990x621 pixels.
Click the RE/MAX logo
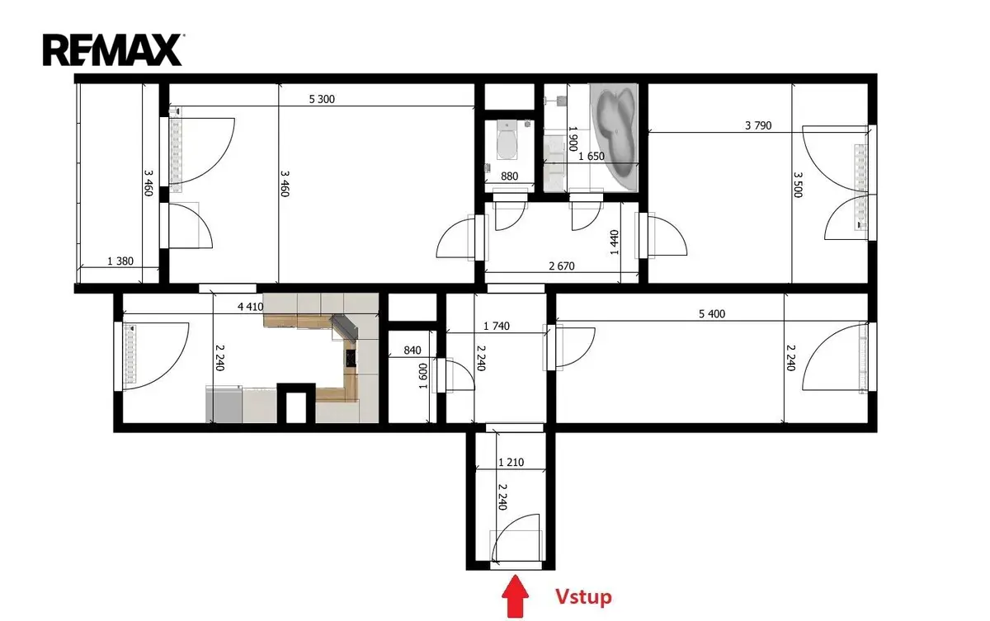[x=113, y=50]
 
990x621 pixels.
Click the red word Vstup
[x=583, y=597]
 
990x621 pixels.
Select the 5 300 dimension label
[x=322, y=99]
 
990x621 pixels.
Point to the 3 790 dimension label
[x=758, y=125]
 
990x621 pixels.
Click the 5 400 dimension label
[x=712, y=313]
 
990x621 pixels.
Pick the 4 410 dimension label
[x=251, y=307]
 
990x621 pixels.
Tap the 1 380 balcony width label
[x=120, y=261]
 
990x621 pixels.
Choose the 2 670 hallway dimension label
[x=562, y=266]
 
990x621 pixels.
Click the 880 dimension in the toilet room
[x=509, y=176]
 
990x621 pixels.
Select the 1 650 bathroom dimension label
[x=592, y=157]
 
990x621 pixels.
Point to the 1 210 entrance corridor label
[x=511, y=463]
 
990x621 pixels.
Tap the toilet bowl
[x=507, y=142]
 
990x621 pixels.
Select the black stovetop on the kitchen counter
[x=351, y=357]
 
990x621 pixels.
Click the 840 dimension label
[x=412, y=350]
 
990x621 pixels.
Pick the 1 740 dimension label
[x=497, y=326]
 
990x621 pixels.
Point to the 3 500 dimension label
[x=798, y=185]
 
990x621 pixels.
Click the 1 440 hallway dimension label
[x=614, y=242]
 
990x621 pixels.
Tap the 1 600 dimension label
[x=423, y=376]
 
